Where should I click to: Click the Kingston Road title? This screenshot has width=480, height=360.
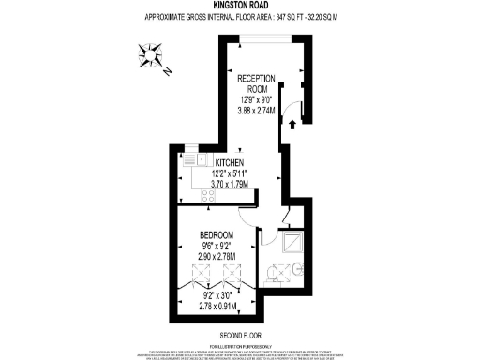[x=240, y=5]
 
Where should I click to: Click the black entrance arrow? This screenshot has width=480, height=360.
[x=292, y=124]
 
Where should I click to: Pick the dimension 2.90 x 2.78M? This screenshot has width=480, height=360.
[x=217, y=256]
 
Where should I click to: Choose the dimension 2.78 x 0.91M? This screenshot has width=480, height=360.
[x=217, y=305]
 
